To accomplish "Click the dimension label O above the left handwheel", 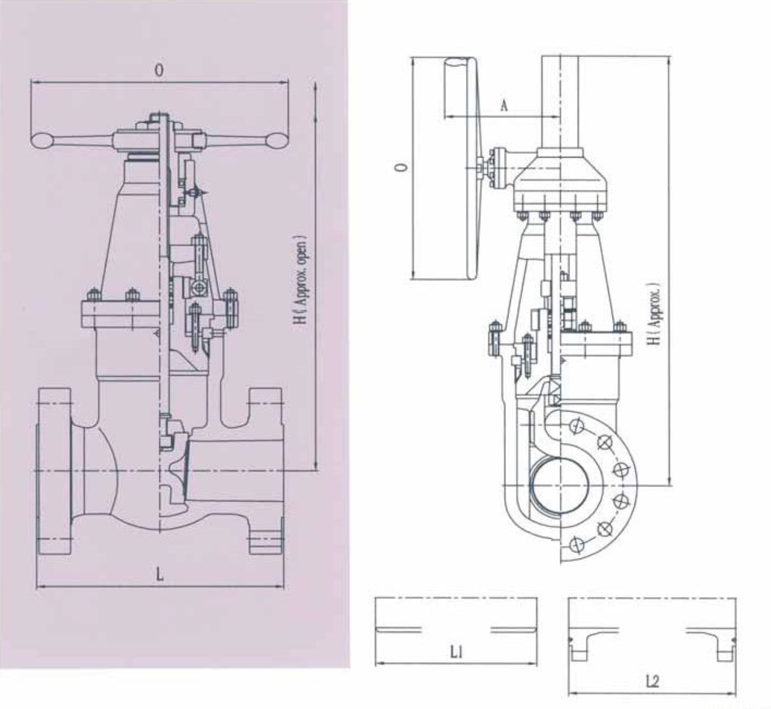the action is [x=159, y=70].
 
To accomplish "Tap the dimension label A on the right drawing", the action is [x=504, y=105].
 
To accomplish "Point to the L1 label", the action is [x=456, y=653].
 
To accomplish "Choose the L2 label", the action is [x=652, y=681].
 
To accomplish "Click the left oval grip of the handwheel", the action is [x=42, y=140].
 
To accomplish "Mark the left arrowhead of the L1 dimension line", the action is [x=379, y=663].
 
